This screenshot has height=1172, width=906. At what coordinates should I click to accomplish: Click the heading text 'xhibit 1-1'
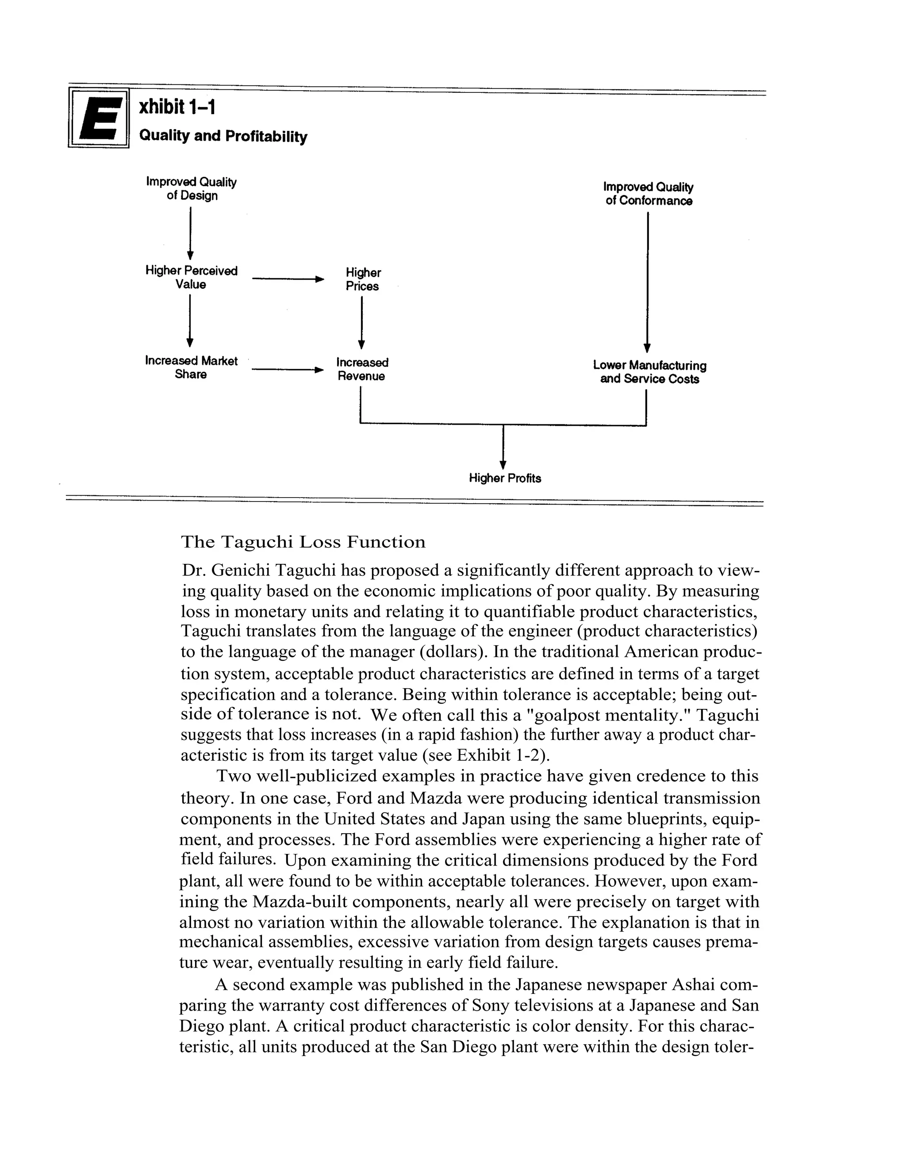[177, 107]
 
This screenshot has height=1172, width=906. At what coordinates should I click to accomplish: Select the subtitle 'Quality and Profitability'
[223, 136]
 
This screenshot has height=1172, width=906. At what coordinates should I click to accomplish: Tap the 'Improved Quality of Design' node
[191, 189]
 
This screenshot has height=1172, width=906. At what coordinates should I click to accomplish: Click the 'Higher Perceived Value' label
[191, 277]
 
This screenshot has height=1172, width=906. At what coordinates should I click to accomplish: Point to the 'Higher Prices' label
[362, 280]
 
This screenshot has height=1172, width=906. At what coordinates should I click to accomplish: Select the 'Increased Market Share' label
[191, 368]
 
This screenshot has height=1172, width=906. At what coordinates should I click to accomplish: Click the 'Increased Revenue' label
[362, 369]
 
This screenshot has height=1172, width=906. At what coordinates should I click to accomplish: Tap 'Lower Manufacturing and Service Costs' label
[649, 372]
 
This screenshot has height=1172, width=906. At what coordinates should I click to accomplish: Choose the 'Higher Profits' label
[504, 478]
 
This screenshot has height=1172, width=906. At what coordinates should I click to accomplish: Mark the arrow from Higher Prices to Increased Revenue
[362, 322]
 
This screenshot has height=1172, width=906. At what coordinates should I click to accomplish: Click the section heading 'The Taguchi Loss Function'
[303, 542]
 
